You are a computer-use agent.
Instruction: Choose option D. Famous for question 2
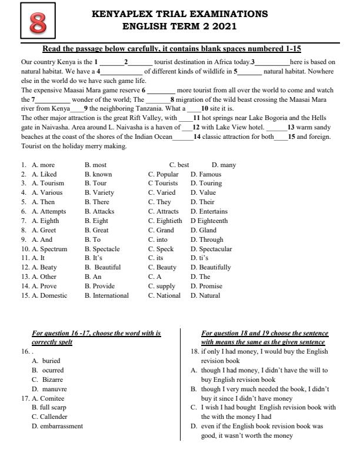pyautogui.click(x=206, y=174)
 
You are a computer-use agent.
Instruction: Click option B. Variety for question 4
pyautogui.click(x=99, y=192)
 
